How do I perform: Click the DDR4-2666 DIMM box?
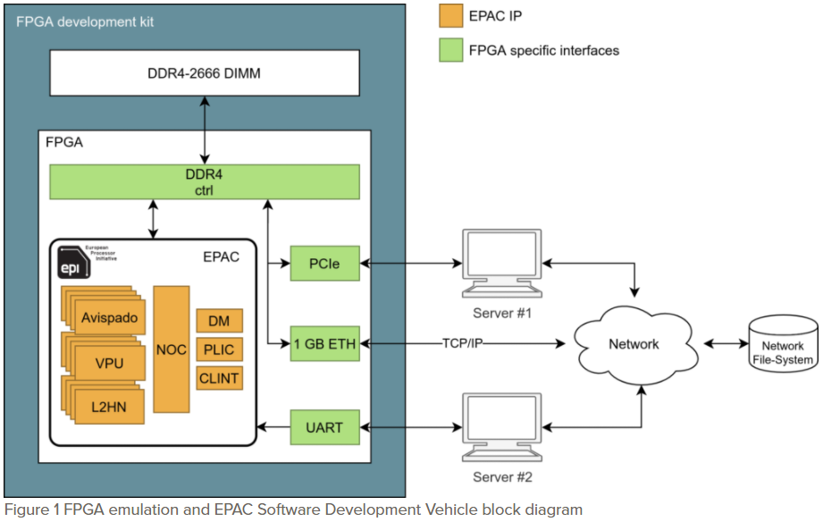click(205, 72)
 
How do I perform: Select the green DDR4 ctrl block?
click(205, 181)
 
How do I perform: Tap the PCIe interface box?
click(323, 265)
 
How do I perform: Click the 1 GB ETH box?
click(323, 343)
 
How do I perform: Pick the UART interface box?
click(323, 427)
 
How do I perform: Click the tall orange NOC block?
click(172, 349)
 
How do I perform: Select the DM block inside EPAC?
click(219, 321)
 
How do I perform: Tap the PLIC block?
click(219, 349)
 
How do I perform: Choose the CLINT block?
click(219, 378)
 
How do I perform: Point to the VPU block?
click(108, 363)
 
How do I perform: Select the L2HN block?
click(108, 406)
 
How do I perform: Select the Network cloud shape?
click(633, 344)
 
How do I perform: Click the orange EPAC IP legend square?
click(450, 15)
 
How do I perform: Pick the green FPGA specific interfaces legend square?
click(450, 50)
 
